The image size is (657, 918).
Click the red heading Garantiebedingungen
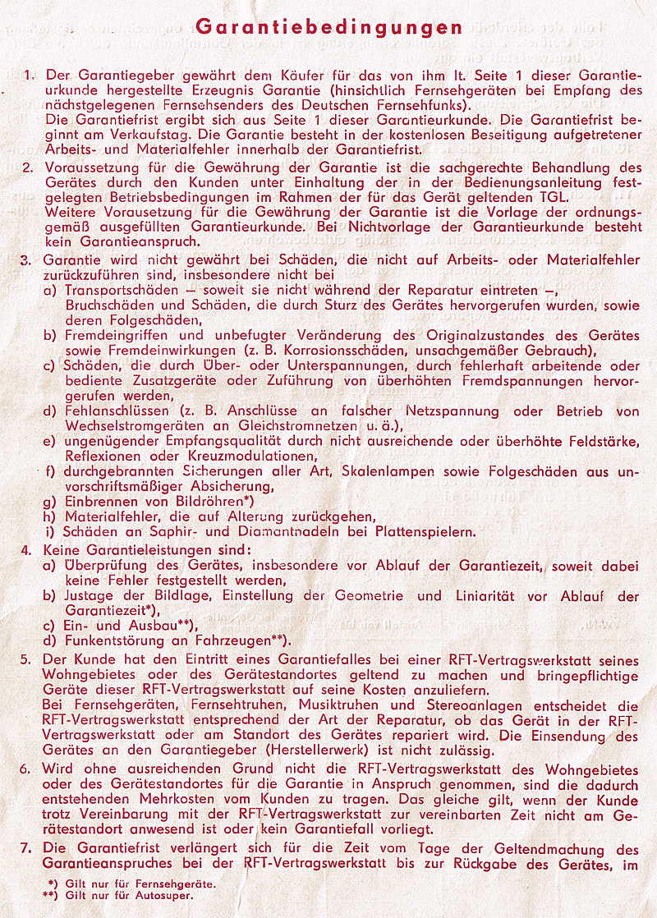[x=328, y=27]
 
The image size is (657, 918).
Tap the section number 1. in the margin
[x=30, y=76]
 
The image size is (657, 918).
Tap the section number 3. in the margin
[x=27, y=260]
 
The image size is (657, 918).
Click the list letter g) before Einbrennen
[x=50, y=501]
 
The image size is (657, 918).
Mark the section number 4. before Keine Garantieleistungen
[x=27, y=550]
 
